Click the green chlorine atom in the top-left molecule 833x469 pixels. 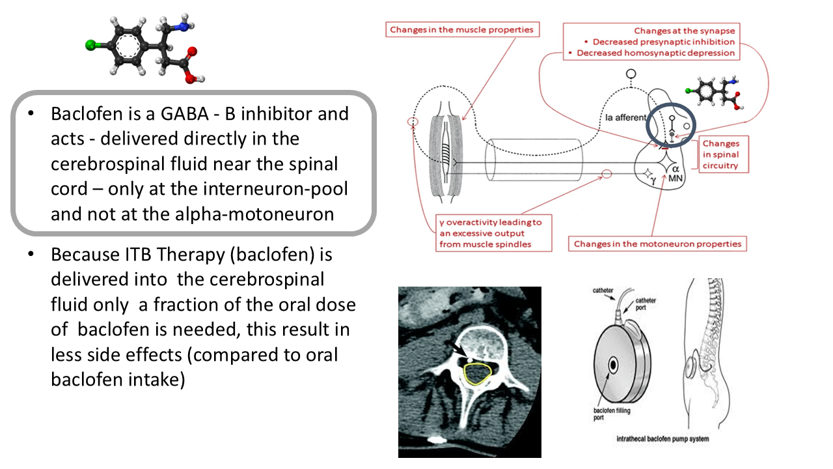click(x=91, y=46)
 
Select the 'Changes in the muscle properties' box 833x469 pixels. click(x=461, y=29)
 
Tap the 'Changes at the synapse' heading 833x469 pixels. click(x=684, y=31)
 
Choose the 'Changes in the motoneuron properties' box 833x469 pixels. click(x=657, y=244)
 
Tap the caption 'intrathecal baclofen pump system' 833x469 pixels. click(x=662, y=439)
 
